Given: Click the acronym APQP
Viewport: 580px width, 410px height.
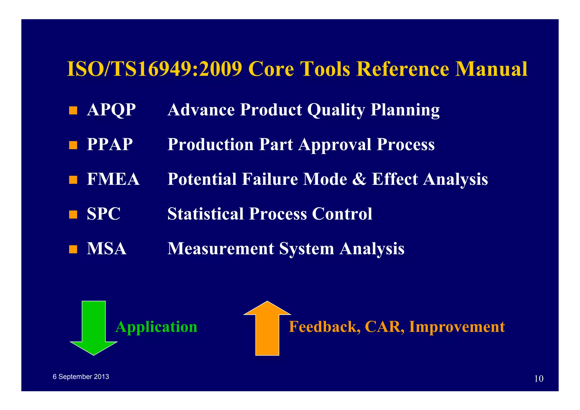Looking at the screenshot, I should [111, 110].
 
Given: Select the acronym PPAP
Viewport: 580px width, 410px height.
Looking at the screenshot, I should [110, 144].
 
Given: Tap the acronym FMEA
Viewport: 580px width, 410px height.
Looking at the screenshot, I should [113, 179].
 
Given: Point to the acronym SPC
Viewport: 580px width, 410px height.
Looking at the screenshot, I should [103, 214].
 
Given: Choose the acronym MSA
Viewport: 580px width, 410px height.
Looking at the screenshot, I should [106, 249].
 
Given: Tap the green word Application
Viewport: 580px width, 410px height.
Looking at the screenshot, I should [156, 327].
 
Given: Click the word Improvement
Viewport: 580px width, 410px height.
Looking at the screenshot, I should [457, 327].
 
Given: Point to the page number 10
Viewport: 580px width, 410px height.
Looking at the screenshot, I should [539, 379].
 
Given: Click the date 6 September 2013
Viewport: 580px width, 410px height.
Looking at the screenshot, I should [81, 377].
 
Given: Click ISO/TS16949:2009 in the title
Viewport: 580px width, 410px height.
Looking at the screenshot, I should [154, 69].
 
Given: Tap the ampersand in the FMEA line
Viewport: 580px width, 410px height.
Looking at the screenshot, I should [359, 179].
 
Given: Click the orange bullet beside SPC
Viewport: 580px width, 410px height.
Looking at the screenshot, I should [73, 214].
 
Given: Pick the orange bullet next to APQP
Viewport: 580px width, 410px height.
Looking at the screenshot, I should [73, 110].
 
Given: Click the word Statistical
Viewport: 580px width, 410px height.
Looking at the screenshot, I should [206, 214].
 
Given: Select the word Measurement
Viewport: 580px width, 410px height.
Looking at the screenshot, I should [221, 249].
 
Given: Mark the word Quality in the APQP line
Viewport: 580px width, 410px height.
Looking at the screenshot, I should [336, 110].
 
